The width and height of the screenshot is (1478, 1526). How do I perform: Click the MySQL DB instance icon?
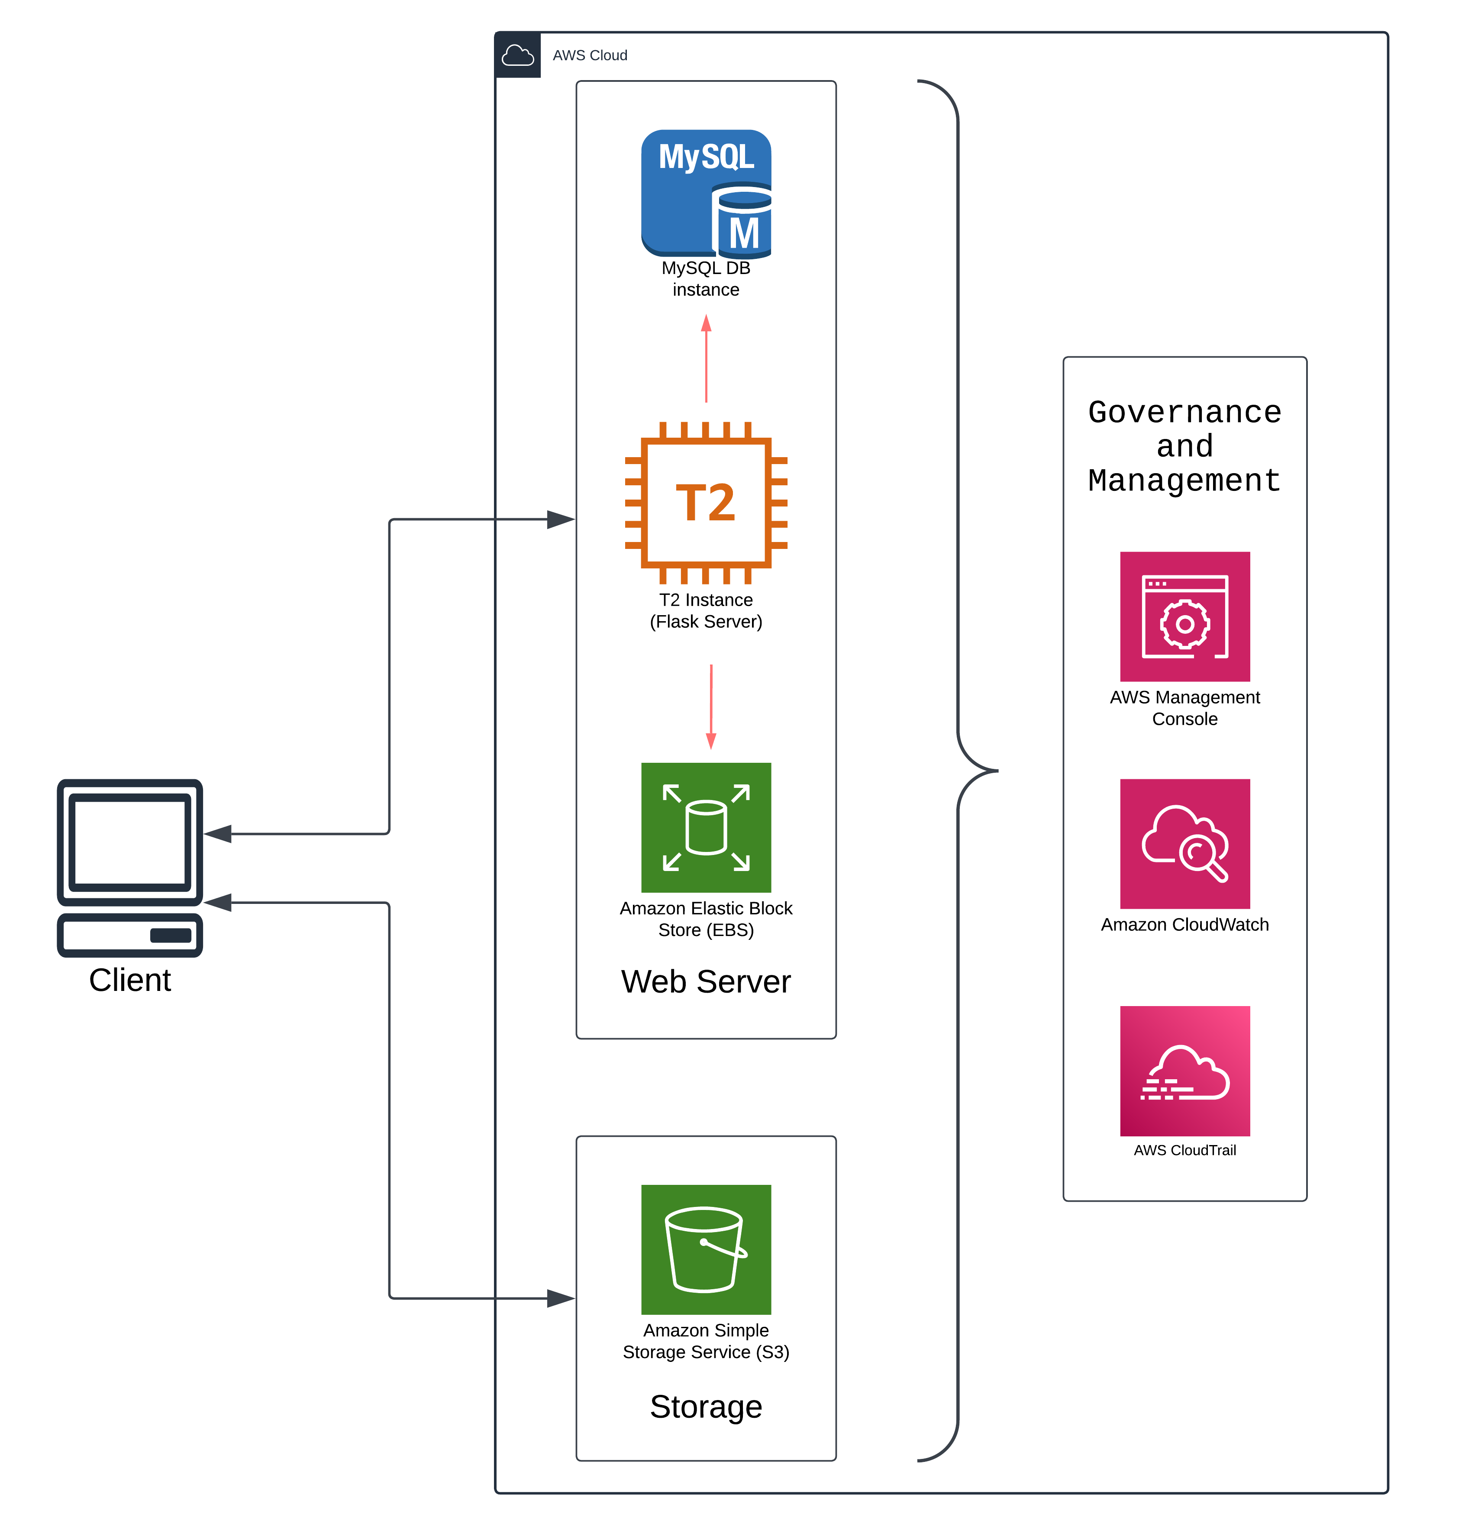(x=706, y=193)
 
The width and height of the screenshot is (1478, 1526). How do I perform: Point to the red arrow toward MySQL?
(x=706, y=358)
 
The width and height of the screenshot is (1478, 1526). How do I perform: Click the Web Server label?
(x=706, y=981)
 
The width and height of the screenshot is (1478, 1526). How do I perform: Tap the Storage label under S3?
(x=706, y=1406)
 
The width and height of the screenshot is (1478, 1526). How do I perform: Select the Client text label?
(x=129, y=979)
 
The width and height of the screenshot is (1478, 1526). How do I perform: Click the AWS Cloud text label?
(x=590, y=55)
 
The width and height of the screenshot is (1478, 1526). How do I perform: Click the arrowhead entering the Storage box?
(x=561, y=1298)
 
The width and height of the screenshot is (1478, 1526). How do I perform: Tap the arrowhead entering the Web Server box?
(x=561, y=519)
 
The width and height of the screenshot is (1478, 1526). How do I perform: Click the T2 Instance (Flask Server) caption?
(x=706, y=610)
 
